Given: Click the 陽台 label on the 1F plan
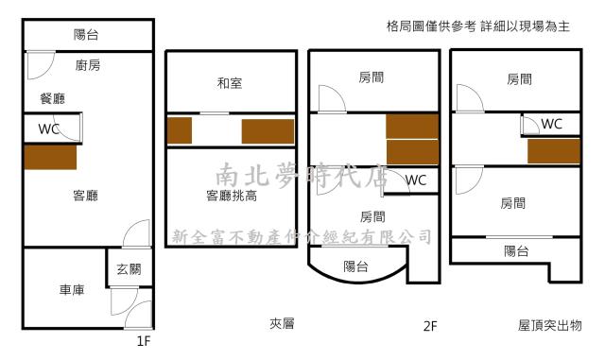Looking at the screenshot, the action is coord(86,36).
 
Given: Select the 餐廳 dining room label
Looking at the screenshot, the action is coord(53,97).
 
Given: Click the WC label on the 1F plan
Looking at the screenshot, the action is coord(50,129).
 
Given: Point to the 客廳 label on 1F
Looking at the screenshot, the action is coord(86,196).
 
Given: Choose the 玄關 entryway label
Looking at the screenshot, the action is coord(130,269).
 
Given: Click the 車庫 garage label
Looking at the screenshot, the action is coord(71,290).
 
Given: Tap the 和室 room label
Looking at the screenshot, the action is coord(230,84).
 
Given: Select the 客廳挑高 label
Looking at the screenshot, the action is coord(232,196).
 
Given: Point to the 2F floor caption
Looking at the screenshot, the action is coord(431,326).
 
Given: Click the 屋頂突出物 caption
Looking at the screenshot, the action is coord(550,325).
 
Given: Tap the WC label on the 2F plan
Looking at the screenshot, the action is coord(417,180).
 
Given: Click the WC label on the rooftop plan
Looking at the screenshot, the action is coord(552,124).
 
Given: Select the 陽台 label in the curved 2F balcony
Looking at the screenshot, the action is coord(356,266).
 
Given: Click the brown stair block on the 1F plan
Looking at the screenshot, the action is coord(50,157).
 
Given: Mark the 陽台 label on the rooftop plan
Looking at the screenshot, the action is coord(515,250).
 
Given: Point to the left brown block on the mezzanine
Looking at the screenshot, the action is coord(180,130).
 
